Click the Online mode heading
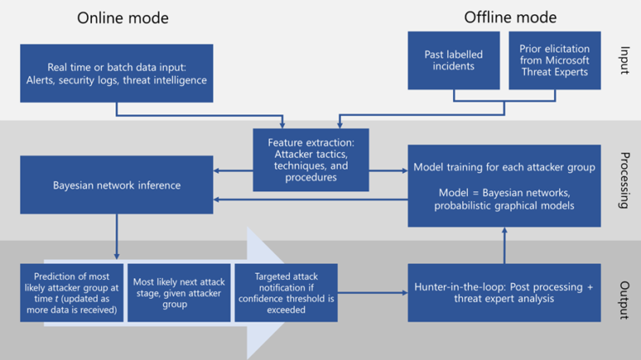point(123,18)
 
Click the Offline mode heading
point(511,18)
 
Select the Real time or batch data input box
point(116,74)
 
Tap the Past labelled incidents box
point(453,60)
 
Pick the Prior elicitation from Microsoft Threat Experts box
point(554,60)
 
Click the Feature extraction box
point(311,160)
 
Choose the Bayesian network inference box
point(116,185)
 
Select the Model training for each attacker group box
point(504,185)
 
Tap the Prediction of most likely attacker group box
point(73,292)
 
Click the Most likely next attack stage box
point(179,292)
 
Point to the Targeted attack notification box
point(286,292)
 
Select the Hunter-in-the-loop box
point(504,292)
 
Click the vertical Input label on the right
point(624,61)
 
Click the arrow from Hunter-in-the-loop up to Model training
point(504,246)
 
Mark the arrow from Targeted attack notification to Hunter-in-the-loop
point(373,292)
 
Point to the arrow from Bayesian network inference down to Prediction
point(117,238)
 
